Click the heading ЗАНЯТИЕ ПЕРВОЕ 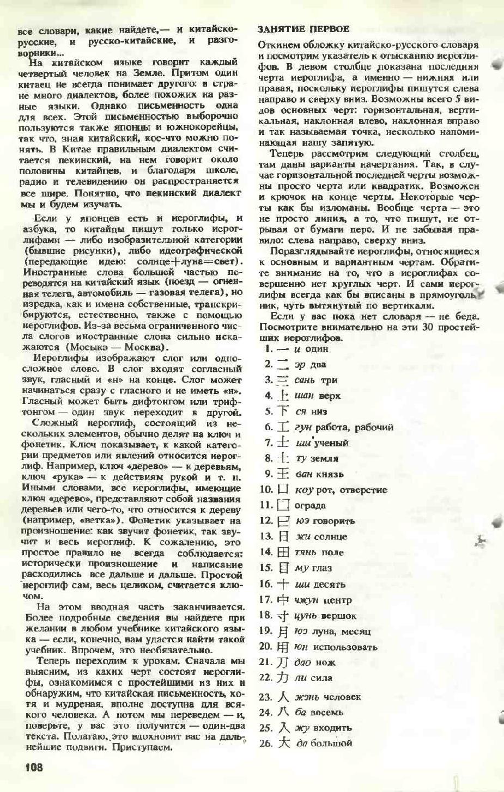point(303,29)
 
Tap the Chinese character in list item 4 point(283,396)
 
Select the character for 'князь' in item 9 point(283,474)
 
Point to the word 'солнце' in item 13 point(330,537)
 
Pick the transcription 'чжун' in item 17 point(306,600)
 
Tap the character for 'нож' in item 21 point(282,662)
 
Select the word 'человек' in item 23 point(342,697)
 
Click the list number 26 point(265,744)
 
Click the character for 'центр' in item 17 point(283,600)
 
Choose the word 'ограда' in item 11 point(309,506)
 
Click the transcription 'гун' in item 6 point(303,428)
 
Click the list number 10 point(266,490)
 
